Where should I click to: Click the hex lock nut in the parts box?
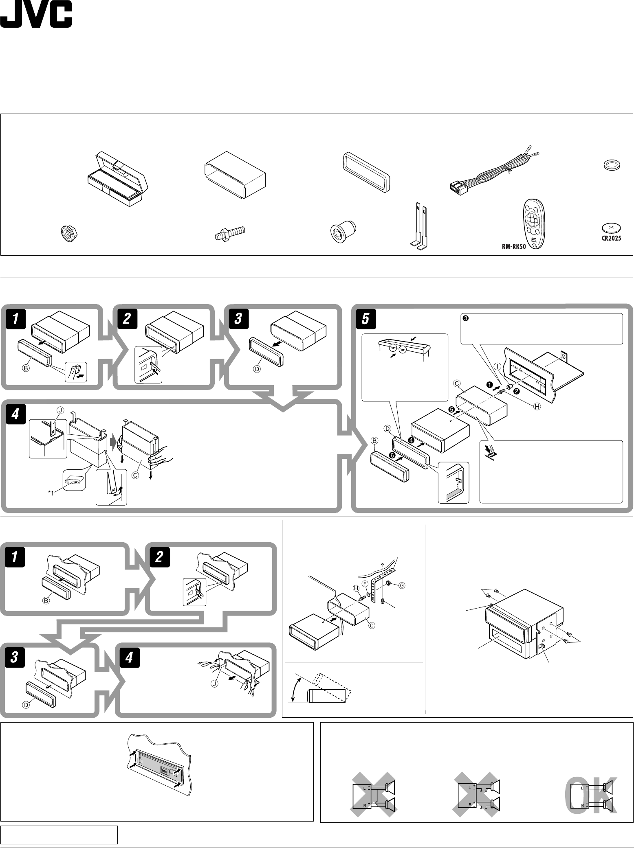point(68,234)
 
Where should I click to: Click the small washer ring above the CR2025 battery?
point(611,165)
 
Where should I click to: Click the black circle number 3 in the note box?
point(466,319)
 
